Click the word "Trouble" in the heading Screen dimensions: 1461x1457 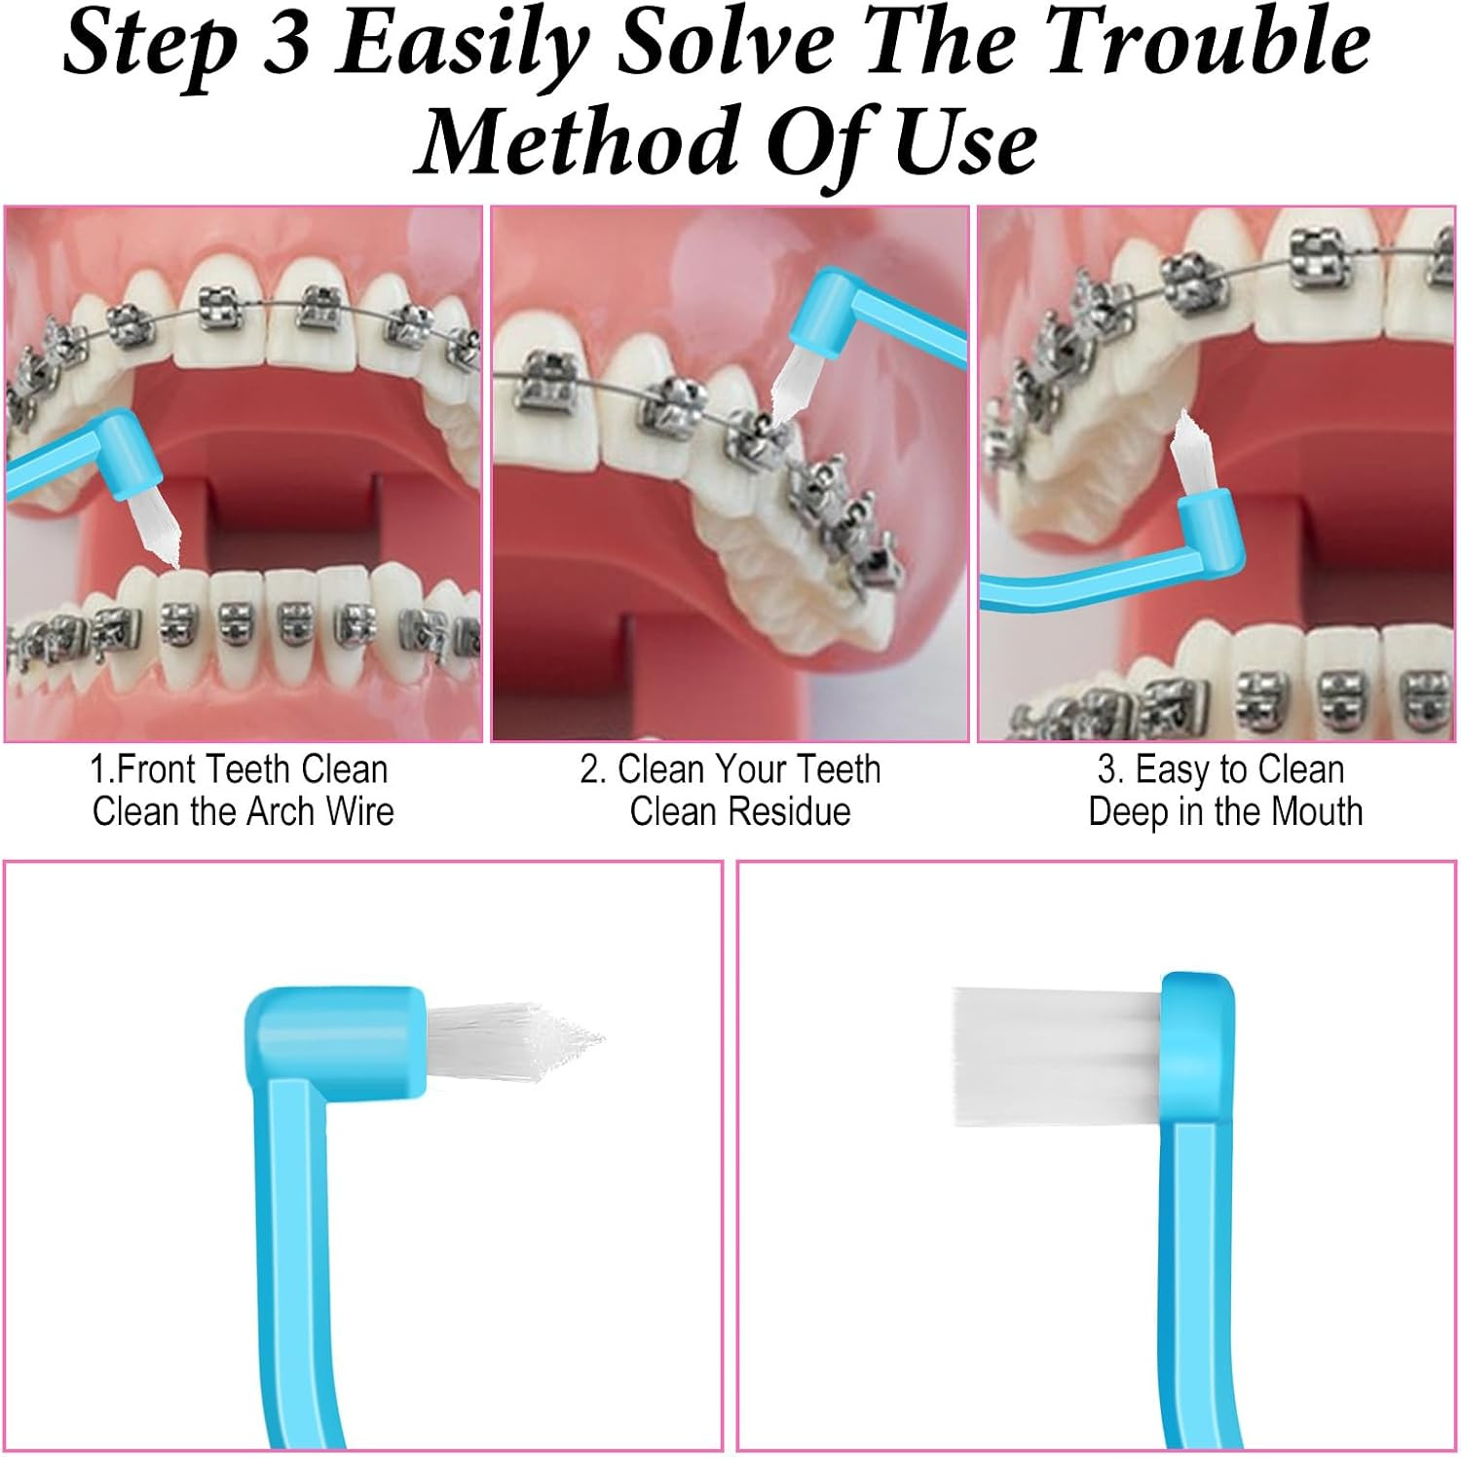pyautogui.click(x=1213, y=44)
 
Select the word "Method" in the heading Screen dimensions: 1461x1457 pyautogui.click(x=580, y=142)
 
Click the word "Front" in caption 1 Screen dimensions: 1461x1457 pyautogui.click(x=158, y=769)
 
